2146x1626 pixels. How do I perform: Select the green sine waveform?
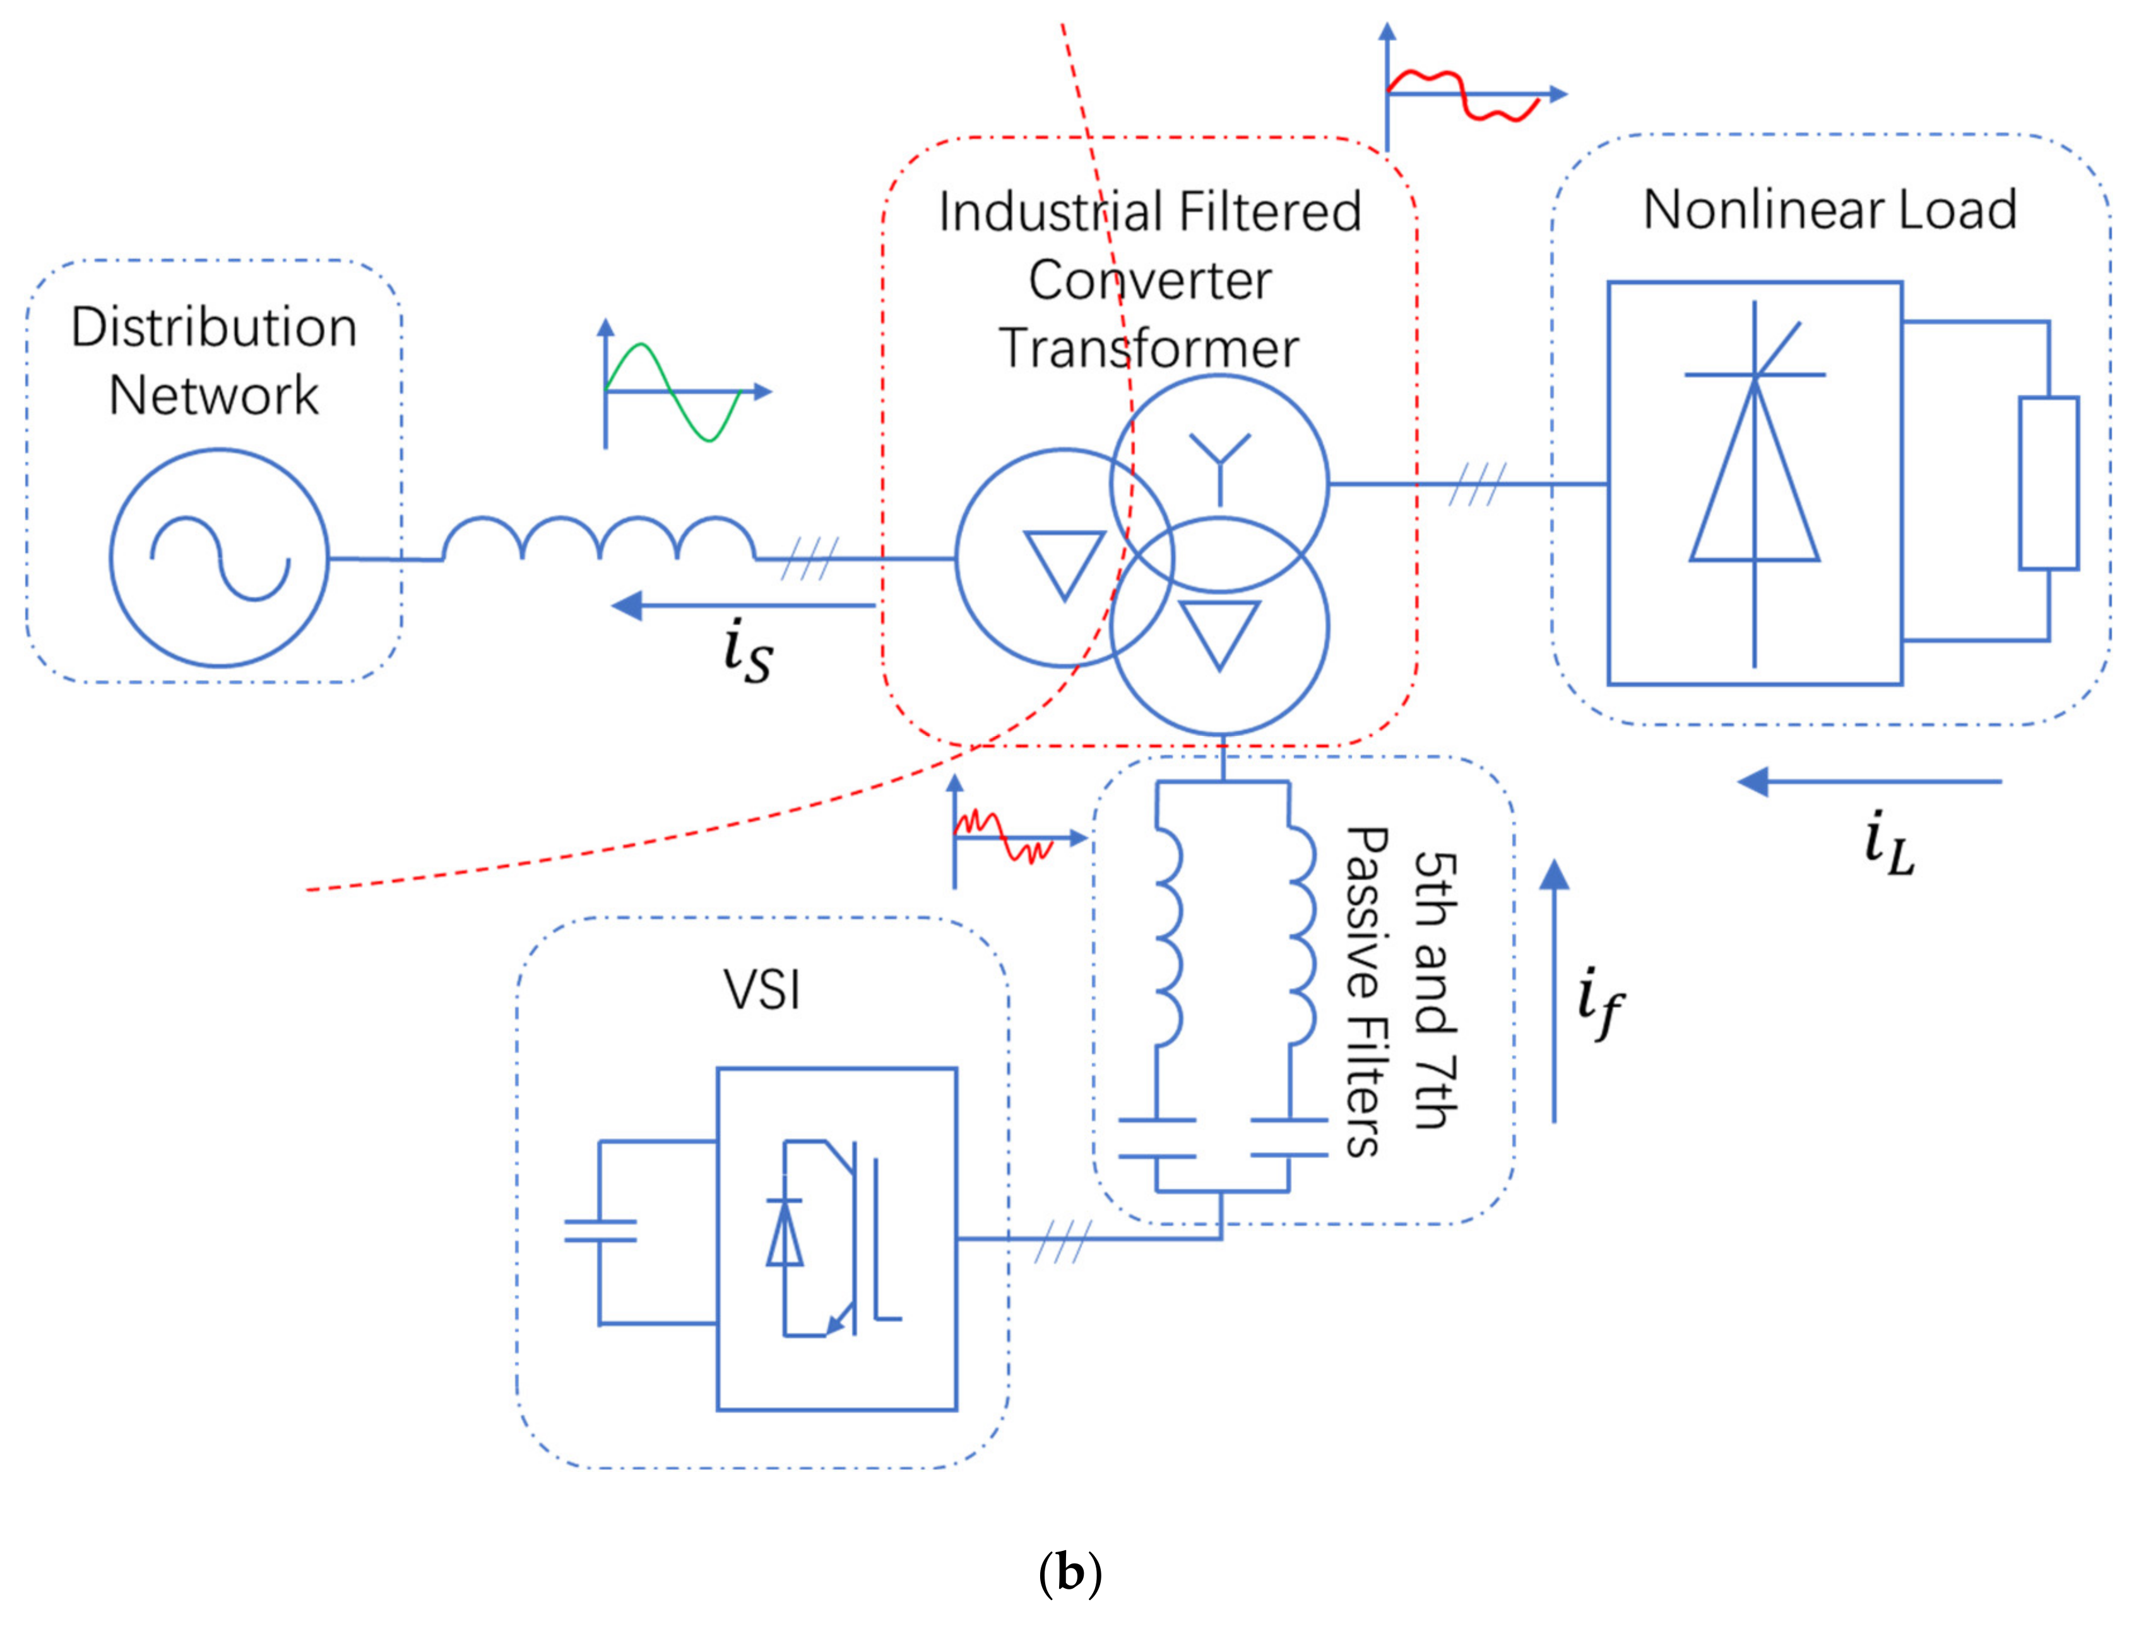pyautogui.click(x=672, y=392)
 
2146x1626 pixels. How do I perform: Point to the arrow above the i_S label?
pyautogui.click(x=743, y=607)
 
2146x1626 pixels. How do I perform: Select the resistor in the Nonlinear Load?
pyautogui.click(x=2049, y=482)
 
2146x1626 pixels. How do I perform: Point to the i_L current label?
pyautogui.click(x=1889, y=843)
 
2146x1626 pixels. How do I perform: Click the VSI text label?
pyautogui.click(x=762, y=990)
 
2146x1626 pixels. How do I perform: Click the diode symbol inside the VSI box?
pyautogui.click(x=784, y=1232)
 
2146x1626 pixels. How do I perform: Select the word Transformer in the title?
pyautogui.click(x=1149, y=348)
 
